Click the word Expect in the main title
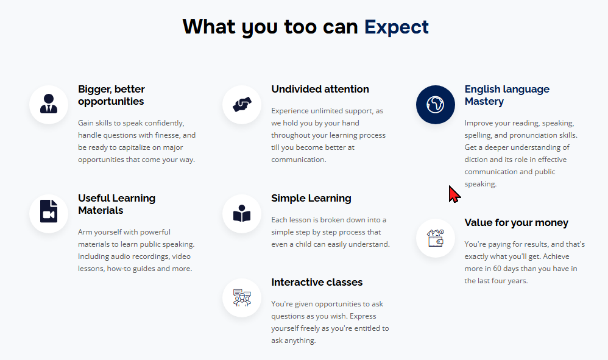[396, 27]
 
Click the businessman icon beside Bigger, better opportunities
[49, 104]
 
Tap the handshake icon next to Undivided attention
[242, 105]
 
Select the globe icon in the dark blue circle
[435, 105]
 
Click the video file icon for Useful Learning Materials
[49, 211]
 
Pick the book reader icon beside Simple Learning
[242, 214]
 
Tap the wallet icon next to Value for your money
[436, 238]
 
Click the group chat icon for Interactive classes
[242, 298]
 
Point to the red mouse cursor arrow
[454, 194]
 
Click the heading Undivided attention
[320, 89]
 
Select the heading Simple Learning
[311, 199]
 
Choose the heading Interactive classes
[317, 283]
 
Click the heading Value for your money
[516, 223]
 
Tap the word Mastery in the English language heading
[484, 102]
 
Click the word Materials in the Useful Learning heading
[101, 210]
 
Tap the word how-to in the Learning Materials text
[118, 269]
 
